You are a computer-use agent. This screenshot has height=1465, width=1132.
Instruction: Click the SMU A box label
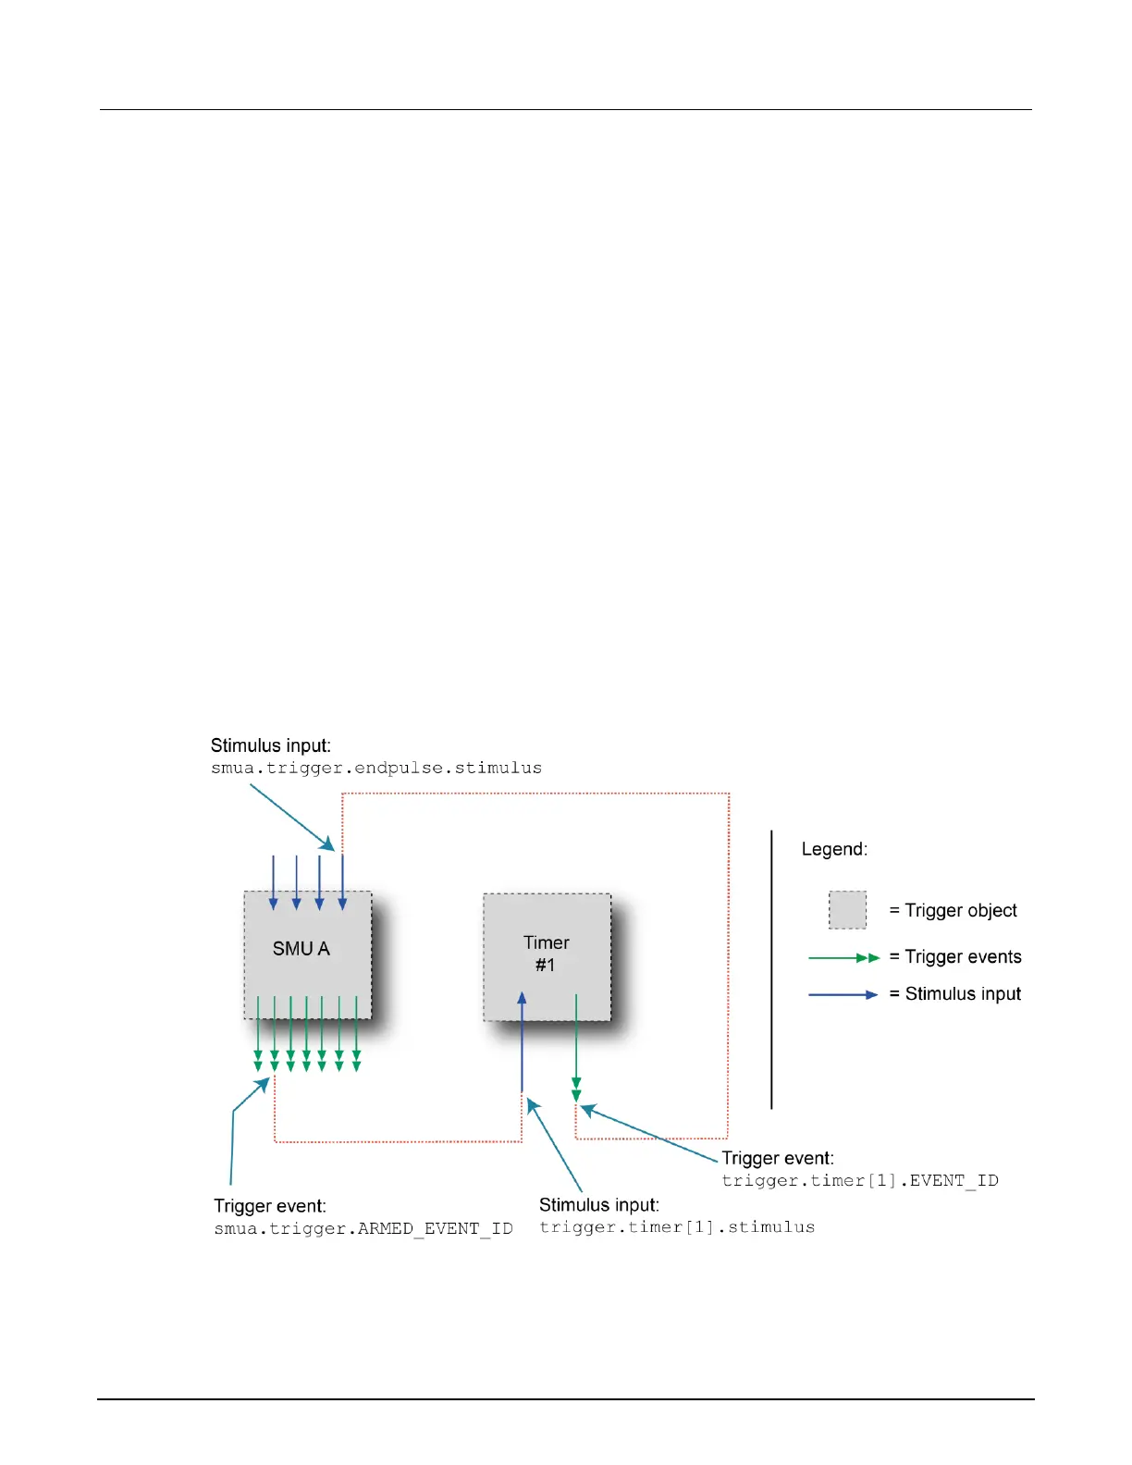[301, 949]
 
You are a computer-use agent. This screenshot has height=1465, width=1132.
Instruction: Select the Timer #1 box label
[546, 954]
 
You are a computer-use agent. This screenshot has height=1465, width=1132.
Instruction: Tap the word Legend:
[834, 849]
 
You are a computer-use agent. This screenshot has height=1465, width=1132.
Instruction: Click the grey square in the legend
[847, 910]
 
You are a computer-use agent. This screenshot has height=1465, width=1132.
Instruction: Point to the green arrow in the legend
[844, 957]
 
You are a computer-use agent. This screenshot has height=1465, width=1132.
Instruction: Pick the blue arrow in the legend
[843, 994]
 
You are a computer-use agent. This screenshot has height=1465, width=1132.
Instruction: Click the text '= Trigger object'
[953, 911]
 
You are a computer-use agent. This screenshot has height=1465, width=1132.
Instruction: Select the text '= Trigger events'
[955, 956]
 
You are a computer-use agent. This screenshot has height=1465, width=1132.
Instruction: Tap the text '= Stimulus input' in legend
[954, 993]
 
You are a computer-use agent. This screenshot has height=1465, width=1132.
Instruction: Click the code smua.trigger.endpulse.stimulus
[376, 768]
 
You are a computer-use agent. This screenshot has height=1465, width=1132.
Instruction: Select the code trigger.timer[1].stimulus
[677, 1227]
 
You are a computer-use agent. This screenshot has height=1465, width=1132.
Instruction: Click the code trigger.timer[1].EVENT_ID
[860, 1180]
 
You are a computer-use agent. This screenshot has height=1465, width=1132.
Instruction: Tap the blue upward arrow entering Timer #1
[522, 1042]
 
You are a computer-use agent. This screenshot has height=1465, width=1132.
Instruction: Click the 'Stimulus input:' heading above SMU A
[270, 745]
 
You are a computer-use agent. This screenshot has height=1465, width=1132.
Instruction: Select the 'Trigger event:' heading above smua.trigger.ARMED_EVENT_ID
[270, 1206]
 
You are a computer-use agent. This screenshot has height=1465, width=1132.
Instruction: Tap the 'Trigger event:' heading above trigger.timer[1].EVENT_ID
[778, 1158]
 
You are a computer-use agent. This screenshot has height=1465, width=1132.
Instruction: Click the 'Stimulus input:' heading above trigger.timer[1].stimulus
[598, 1205]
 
